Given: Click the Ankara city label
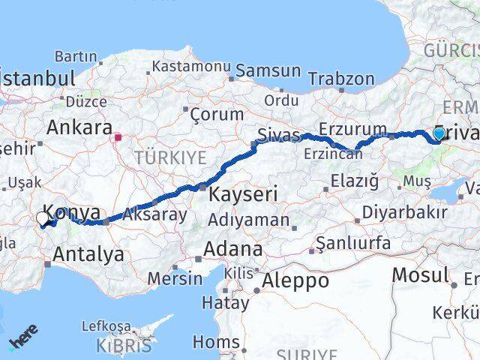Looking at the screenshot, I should [x=79, y=127].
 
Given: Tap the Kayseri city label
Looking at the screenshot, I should [x=243, y=194].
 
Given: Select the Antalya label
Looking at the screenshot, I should [x=88, y=255].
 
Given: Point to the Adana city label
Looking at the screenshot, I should [x=235, y=248].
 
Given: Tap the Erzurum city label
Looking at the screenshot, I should [x=352, y=129].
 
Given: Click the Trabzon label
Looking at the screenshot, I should [x=340, y=79].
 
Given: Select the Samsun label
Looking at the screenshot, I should [x=268, y=71].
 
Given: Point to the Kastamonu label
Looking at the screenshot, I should [x=190, y=66].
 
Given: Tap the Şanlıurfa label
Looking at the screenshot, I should [x=352, y=243].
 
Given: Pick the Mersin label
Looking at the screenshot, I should [x=175, y=278].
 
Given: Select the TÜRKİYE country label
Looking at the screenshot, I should [x=169, y=157].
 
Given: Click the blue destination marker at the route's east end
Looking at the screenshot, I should [x=439, y=133].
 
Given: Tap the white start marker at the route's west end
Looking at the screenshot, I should [x=42, y=219].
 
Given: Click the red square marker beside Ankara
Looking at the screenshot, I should [x=118, y=137].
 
